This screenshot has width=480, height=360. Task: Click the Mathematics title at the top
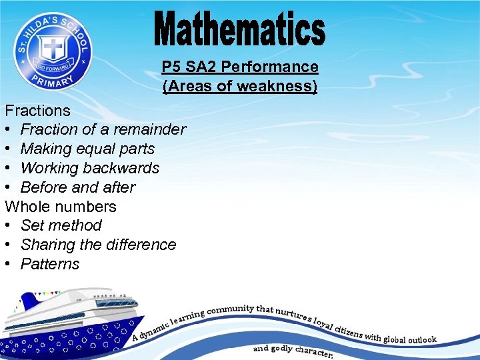click(x=240, y=31)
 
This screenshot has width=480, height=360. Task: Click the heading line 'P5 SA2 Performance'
click(x=240, y=67)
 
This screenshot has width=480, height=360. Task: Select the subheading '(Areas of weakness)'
click(x=240, y=87)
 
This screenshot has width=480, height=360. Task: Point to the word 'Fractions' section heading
click(x=37, y=111)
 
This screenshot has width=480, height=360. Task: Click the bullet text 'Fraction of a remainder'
click(x=103, y=129)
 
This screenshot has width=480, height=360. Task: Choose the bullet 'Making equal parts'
click(x=87, y=149)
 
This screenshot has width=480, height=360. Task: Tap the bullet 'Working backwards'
click(x=90, y=168)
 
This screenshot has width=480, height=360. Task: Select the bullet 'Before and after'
click(x=78, y=187)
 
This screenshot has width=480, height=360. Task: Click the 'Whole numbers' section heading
click(x=61, y=207)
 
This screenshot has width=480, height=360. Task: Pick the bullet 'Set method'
click(x=61, y=225)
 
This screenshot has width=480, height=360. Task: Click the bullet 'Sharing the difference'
click(x=98, y=245)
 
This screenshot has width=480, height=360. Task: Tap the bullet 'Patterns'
click(x=50, y=264)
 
